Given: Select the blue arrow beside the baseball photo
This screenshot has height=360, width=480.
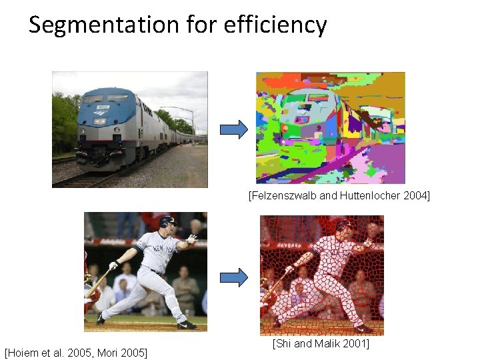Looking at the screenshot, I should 233,276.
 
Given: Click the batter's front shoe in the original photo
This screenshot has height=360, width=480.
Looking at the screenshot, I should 187,325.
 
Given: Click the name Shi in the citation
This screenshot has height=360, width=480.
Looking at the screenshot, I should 283,343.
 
